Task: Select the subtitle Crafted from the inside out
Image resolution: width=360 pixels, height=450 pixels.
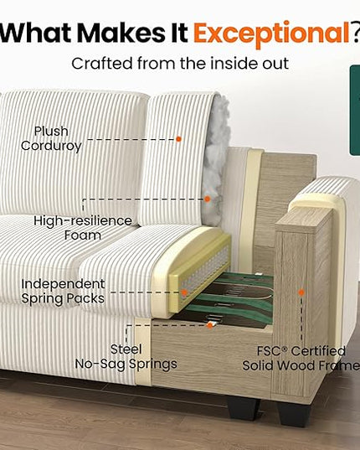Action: [x=180, y=63]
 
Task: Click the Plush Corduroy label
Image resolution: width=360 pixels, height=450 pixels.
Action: [x=51, y=138]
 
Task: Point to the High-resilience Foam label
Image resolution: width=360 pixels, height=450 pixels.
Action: [x=83, y=228]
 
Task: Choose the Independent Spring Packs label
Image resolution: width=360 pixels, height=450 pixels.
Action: [x=63, y=292]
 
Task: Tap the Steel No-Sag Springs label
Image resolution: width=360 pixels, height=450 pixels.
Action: [x=126, y=357]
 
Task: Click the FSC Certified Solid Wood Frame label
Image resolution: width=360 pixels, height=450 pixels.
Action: [x=301, y=358]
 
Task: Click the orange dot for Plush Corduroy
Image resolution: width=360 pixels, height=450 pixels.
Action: [x=178, y=139]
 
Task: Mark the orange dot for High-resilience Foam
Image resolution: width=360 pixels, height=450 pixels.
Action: [x=208, y=199]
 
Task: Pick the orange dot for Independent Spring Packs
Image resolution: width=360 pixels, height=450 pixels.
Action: [x=184, y=292]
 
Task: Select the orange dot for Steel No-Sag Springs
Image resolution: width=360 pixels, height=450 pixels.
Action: [x=210, y=325]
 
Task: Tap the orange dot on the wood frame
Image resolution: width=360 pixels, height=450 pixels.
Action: [x=301, y=292]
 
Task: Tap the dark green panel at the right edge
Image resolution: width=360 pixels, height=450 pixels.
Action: [x=355, y=111]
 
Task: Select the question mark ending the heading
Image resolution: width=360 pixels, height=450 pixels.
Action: [x=356, y=32]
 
